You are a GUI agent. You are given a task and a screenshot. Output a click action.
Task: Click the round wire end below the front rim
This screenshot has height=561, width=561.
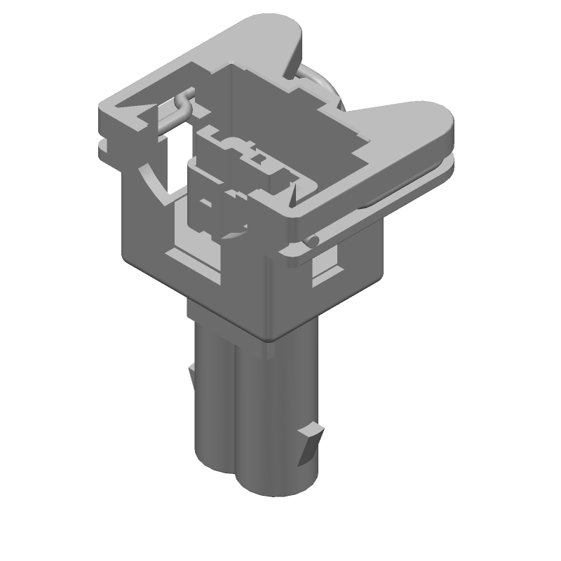coord(311,243)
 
